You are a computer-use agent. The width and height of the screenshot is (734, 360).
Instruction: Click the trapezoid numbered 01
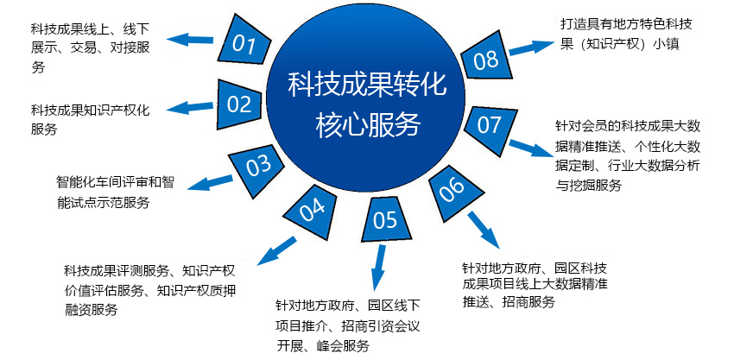click(245, 42)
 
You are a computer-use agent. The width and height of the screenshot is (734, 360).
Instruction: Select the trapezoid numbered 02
click(240, 104)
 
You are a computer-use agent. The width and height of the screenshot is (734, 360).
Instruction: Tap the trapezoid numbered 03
click(257, 167)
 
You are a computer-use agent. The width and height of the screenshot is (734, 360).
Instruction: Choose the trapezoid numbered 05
click(385, 219)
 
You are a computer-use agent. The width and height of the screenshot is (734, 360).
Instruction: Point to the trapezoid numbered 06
click(452, 190)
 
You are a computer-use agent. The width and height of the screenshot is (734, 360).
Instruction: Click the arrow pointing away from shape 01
click(190, 39)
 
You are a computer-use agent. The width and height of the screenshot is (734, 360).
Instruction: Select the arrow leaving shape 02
click(191, 108)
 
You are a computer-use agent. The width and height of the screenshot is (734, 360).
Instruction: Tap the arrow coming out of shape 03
click(210, 182)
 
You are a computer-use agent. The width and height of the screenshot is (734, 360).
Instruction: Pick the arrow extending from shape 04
click(276, 251)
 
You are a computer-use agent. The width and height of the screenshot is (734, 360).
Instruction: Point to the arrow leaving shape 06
click(484, 231)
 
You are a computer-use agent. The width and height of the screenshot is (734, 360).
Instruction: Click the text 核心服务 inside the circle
click(368, 125)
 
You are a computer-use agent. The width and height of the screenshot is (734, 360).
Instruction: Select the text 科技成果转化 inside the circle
click(368, 85)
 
